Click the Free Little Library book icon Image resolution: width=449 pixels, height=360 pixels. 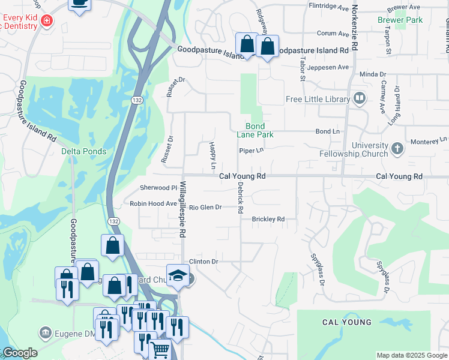360,97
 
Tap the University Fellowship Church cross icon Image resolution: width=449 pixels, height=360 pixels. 397,148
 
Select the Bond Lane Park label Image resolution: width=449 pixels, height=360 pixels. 259,130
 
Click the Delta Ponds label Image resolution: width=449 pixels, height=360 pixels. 83,151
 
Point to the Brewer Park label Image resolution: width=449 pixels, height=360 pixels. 400,20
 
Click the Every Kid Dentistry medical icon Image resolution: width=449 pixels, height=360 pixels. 46,22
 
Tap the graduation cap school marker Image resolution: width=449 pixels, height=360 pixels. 178,275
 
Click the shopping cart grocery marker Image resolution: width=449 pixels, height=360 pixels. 159,350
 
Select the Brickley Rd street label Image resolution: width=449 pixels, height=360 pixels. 268,220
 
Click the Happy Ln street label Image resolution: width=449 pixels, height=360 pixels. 212,155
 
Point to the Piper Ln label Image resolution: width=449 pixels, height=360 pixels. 251,151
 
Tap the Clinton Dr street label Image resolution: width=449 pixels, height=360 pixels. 203,262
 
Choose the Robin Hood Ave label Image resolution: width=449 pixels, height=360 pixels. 153,204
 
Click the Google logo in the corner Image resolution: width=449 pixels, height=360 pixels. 20,353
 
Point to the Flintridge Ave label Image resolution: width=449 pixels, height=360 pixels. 328,8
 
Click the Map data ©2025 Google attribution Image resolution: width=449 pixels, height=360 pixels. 411,355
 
